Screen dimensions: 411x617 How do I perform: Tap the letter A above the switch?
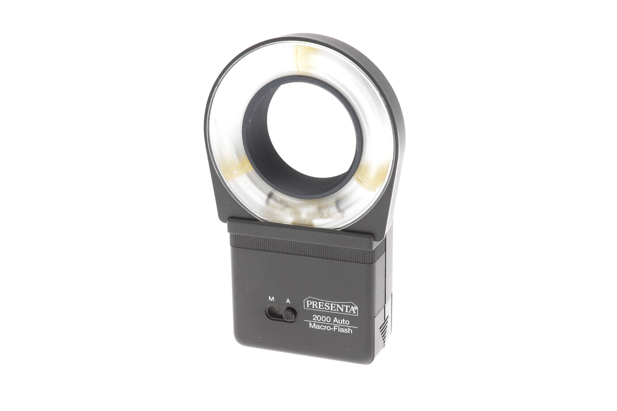pos(289,300)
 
